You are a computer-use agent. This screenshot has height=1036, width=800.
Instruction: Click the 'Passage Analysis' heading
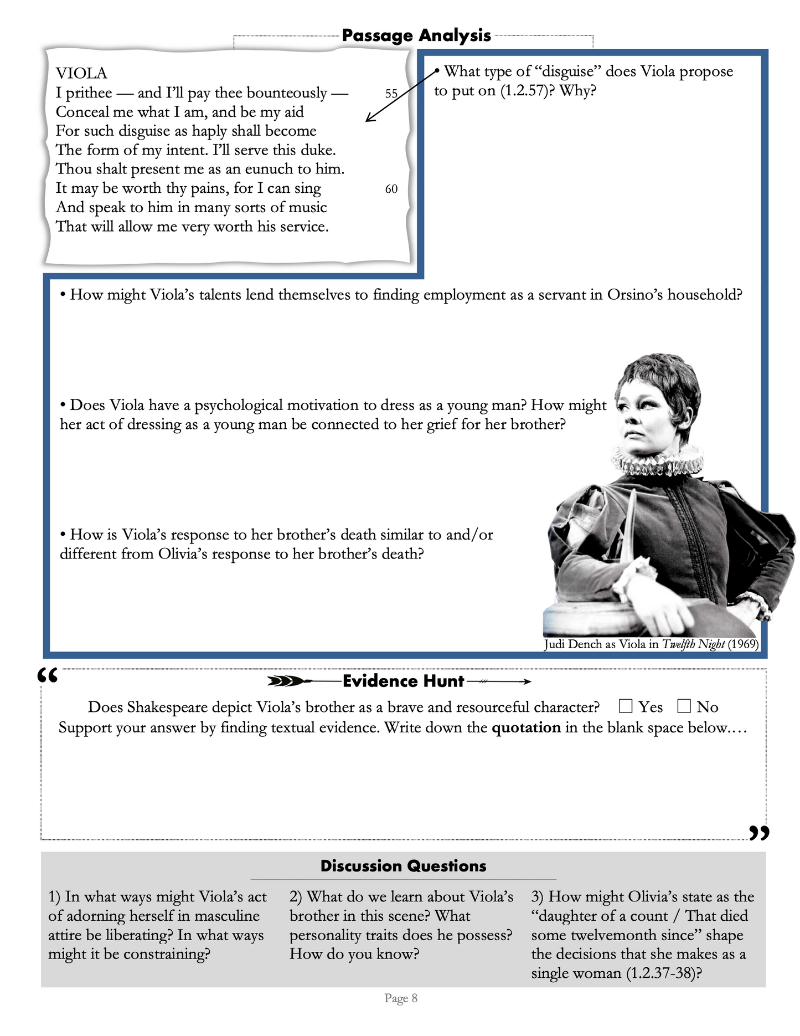[x=416, y=35]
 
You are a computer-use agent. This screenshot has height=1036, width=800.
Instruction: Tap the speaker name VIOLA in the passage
[x=81, y=73]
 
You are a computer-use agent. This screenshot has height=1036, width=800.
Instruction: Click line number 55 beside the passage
[x=391, y=94]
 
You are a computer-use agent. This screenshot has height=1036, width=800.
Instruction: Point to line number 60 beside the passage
[x=391, y=189]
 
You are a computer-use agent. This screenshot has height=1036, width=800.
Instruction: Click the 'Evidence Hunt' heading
[x=403, y=681]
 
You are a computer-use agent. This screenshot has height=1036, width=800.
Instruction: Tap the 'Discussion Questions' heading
[x=403, y=866]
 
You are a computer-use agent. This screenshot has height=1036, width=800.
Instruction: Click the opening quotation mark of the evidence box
[x=48, y=676]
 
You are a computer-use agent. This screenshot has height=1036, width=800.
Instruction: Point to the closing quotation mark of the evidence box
[x=758, y=832]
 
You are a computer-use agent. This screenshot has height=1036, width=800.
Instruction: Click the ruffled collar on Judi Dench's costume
[x=657, y=460]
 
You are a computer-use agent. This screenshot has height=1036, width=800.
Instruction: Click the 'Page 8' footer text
[x=401, y=998]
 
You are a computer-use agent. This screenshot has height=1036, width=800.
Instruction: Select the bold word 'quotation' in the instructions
[x=526, y=727]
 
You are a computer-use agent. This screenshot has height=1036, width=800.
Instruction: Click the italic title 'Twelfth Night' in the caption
[x=693, y=644]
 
